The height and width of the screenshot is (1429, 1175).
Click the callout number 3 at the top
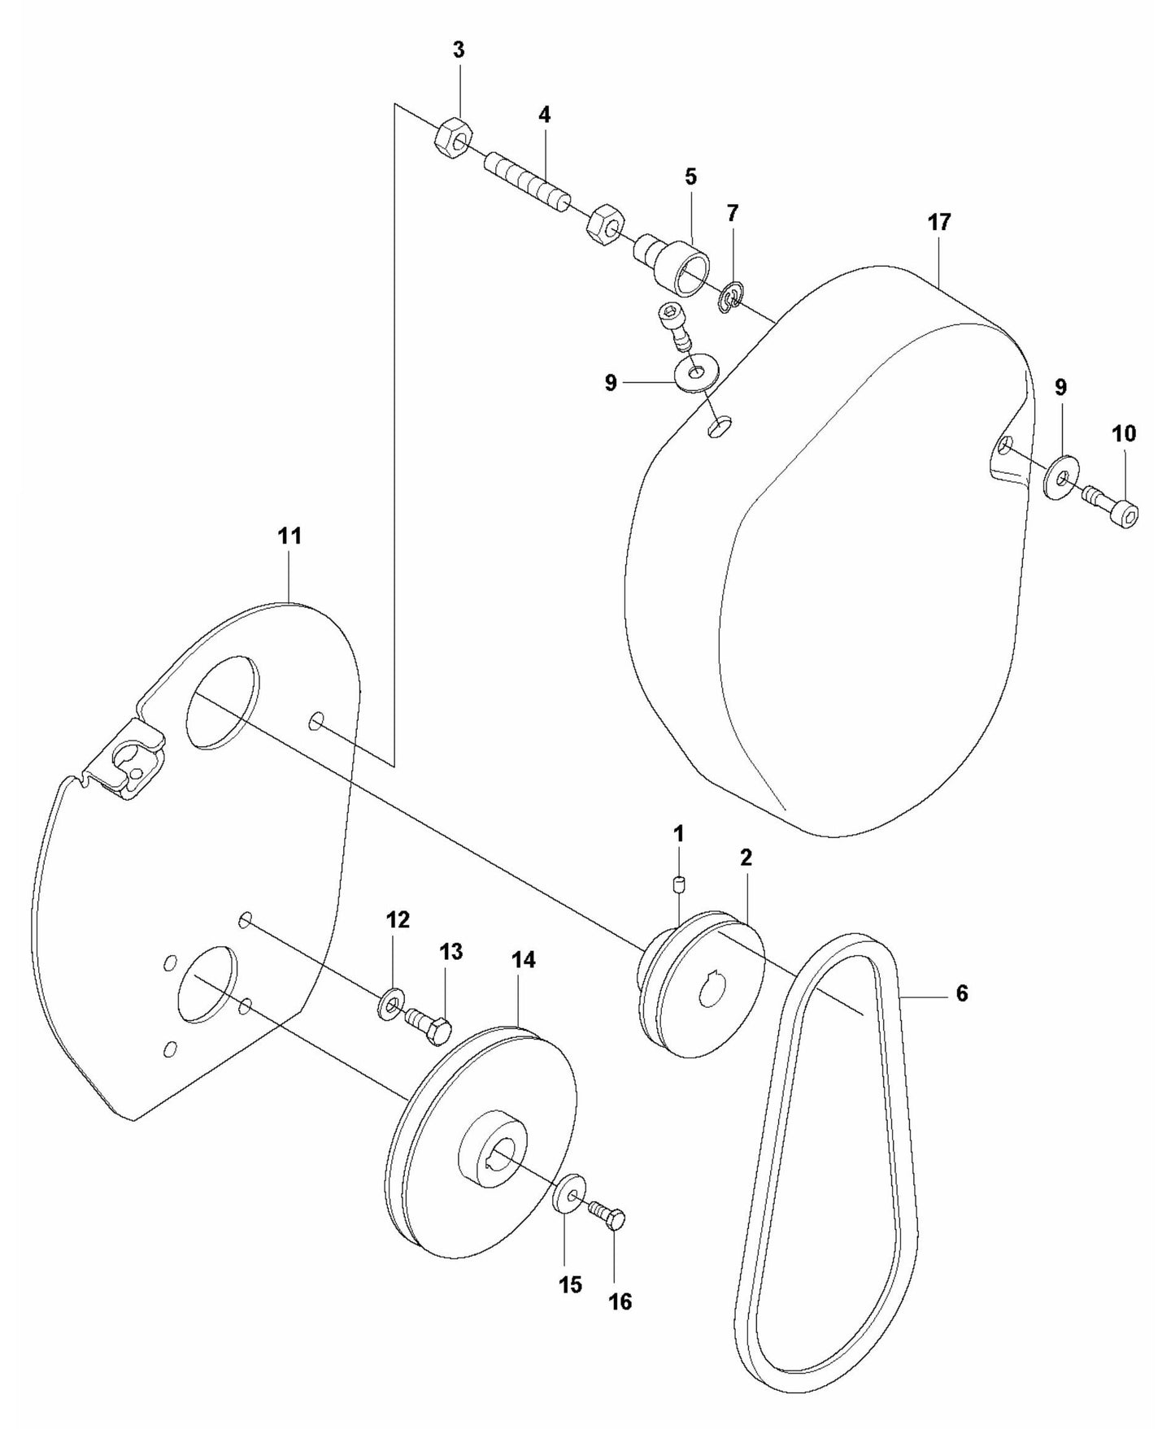(x=459, y=50)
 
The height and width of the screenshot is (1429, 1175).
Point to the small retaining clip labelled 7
(x=729, y=298)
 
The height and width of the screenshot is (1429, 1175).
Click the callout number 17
(x=939, y=222)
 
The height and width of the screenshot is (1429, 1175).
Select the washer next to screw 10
(x=1061, y=479)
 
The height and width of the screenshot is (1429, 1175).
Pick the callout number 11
(x=289, y=536)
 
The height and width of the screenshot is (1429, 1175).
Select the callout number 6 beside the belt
(x=962, y=993)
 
